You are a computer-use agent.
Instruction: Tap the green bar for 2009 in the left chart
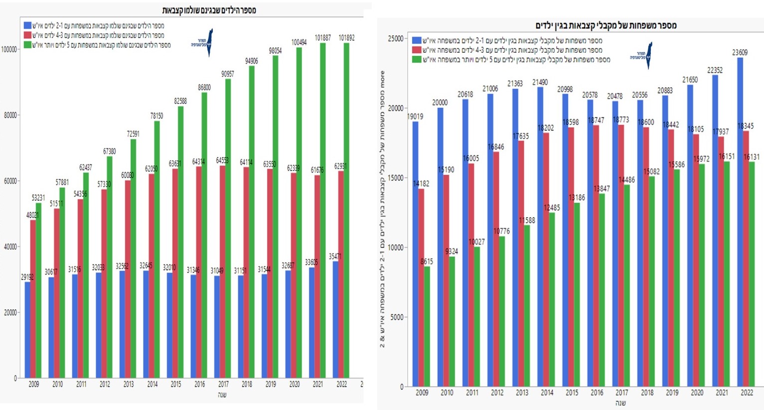pyautogui.click(x=38, y=289)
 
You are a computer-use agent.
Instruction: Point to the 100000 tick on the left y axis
pyautogui.click(x=9, y=49)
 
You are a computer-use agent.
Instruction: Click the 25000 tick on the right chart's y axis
pyautogui.click(x=396, y=39)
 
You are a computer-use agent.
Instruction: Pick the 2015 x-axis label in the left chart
pyautogui.click(x=176, y=385)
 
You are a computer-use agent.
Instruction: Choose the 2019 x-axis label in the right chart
pyautogui.click(x=672, y=393)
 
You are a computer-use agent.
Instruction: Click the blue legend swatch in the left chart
pyautogui.click(x=27, y=25)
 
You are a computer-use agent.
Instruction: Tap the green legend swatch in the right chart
pyautogui.click(x=416, y=60)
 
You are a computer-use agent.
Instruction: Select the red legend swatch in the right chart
pyautogui.click(x=416, y=50)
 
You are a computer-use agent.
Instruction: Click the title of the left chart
pyautogui.click(x=209, y=10)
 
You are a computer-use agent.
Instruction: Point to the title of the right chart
pyautogui.click(x=606, y=25)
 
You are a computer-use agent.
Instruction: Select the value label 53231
pyautogui.click(x=38, y=198)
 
